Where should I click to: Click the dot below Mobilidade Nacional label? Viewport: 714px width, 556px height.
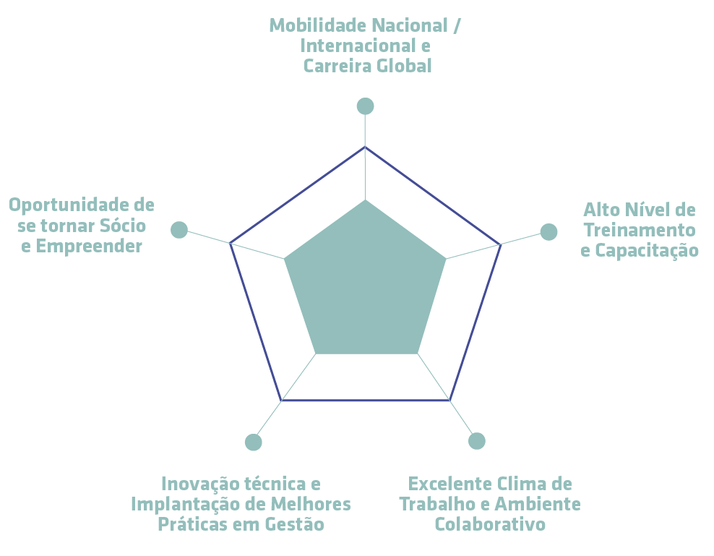(x=365, y=106)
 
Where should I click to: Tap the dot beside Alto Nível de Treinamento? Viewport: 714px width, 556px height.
(x=549, y=232)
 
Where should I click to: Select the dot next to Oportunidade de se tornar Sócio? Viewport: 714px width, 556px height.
(x=179, y=230)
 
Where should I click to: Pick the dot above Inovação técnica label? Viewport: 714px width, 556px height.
(x=253, y=442)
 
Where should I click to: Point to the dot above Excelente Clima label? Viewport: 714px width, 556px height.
(x=477, y=441)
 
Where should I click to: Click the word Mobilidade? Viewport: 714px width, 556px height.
(x=319, y=25)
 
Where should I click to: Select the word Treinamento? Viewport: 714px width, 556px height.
(x=640, y=230)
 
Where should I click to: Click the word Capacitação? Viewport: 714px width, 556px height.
(x=647, y=250)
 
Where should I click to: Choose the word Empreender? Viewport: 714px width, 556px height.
(x=89, y=246)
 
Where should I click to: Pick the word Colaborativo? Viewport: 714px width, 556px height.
(x=490, y=524)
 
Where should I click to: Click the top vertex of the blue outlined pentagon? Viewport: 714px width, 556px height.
(x=365, y=147)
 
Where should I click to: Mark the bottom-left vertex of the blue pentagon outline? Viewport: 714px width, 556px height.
(x=281, y=401)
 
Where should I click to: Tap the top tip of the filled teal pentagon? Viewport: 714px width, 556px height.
(x=365, y=200)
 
